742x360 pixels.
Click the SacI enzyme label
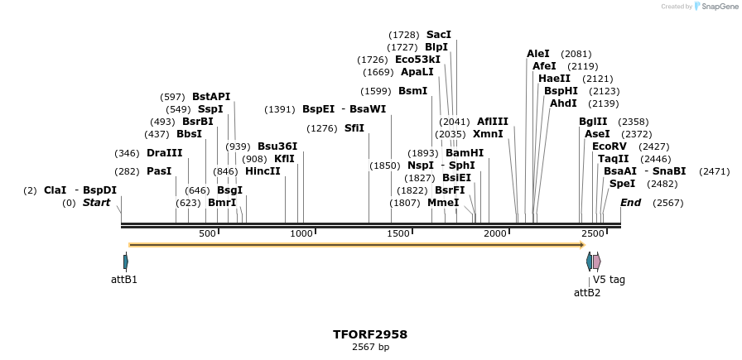click(439, 35)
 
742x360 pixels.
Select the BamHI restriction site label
click(465, 153)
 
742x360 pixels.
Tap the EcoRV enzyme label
click(608, 146)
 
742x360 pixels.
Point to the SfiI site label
click(354, 128)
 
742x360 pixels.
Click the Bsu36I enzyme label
click(277, 146)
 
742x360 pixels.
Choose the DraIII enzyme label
click(164, 153)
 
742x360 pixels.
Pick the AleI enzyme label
click(538, 54)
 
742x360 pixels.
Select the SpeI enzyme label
click(622, 184)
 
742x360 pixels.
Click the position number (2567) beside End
click(667, 203)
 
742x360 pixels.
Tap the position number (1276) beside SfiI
click(322, 128)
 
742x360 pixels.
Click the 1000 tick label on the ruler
click(302, 234)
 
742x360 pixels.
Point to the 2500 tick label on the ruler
click(593, 234)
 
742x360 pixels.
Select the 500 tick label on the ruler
click(207, 234)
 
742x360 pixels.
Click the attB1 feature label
click(124, 280)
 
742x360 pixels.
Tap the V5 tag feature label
click(609, 280)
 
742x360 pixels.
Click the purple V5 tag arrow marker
click(596, 262)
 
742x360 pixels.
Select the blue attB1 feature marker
click(126, 262)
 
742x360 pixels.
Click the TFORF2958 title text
click(370, 334)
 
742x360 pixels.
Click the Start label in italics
click(96, 203)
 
